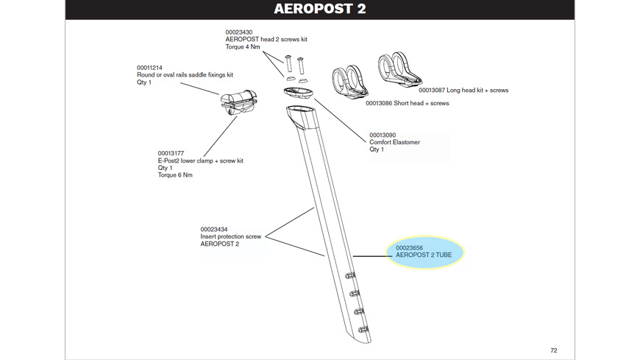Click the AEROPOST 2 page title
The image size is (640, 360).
click(319, 10)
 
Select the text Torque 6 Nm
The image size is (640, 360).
click(175, 175)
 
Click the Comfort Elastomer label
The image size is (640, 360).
click(394, 142)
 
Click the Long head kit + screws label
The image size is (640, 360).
click(463, 91)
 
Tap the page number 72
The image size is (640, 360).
click(553, 350)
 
